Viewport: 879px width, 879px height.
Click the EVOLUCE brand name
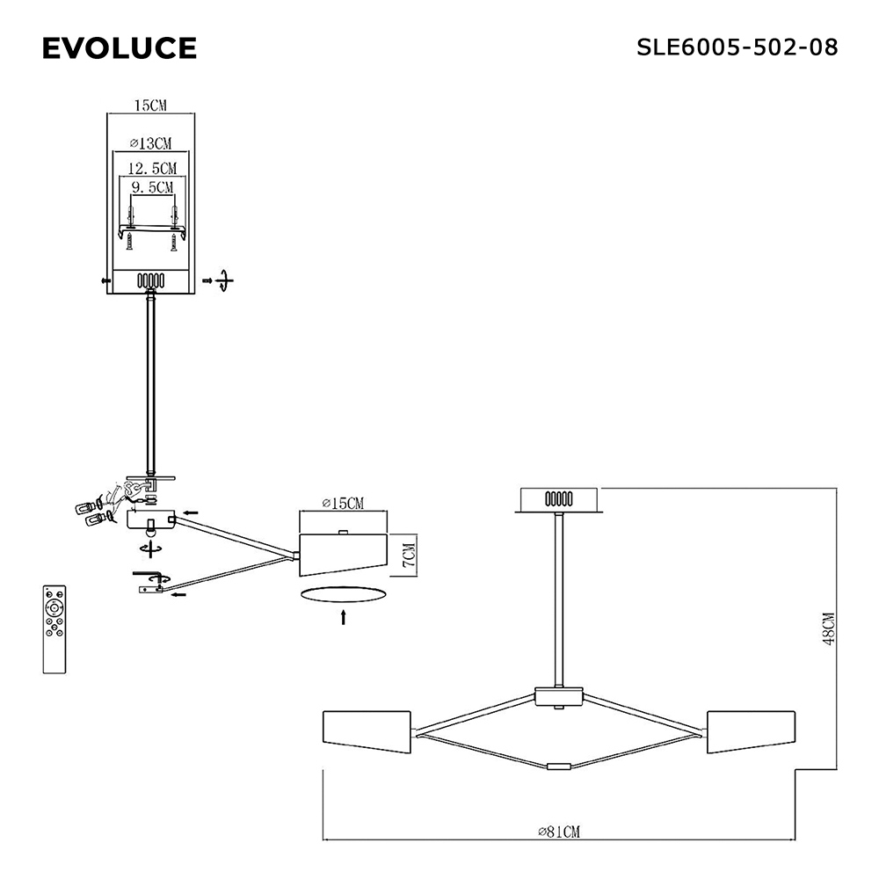tap(120, 48)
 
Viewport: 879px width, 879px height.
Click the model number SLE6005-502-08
tap(737, 47)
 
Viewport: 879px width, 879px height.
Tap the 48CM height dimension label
tap(829, 629)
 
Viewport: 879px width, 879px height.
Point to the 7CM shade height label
tap(410, 555)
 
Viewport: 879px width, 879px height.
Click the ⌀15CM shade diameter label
tap(343, 504)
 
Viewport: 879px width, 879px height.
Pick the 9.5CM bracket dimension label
tap(152, 187)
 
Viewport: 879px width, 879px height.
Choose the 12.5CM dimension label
tap(152, 168)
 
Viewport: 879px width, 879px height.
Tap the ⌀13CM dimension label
tap(151, 143)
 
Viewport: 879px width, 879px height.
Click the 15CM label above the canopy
tap(150, 105)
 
